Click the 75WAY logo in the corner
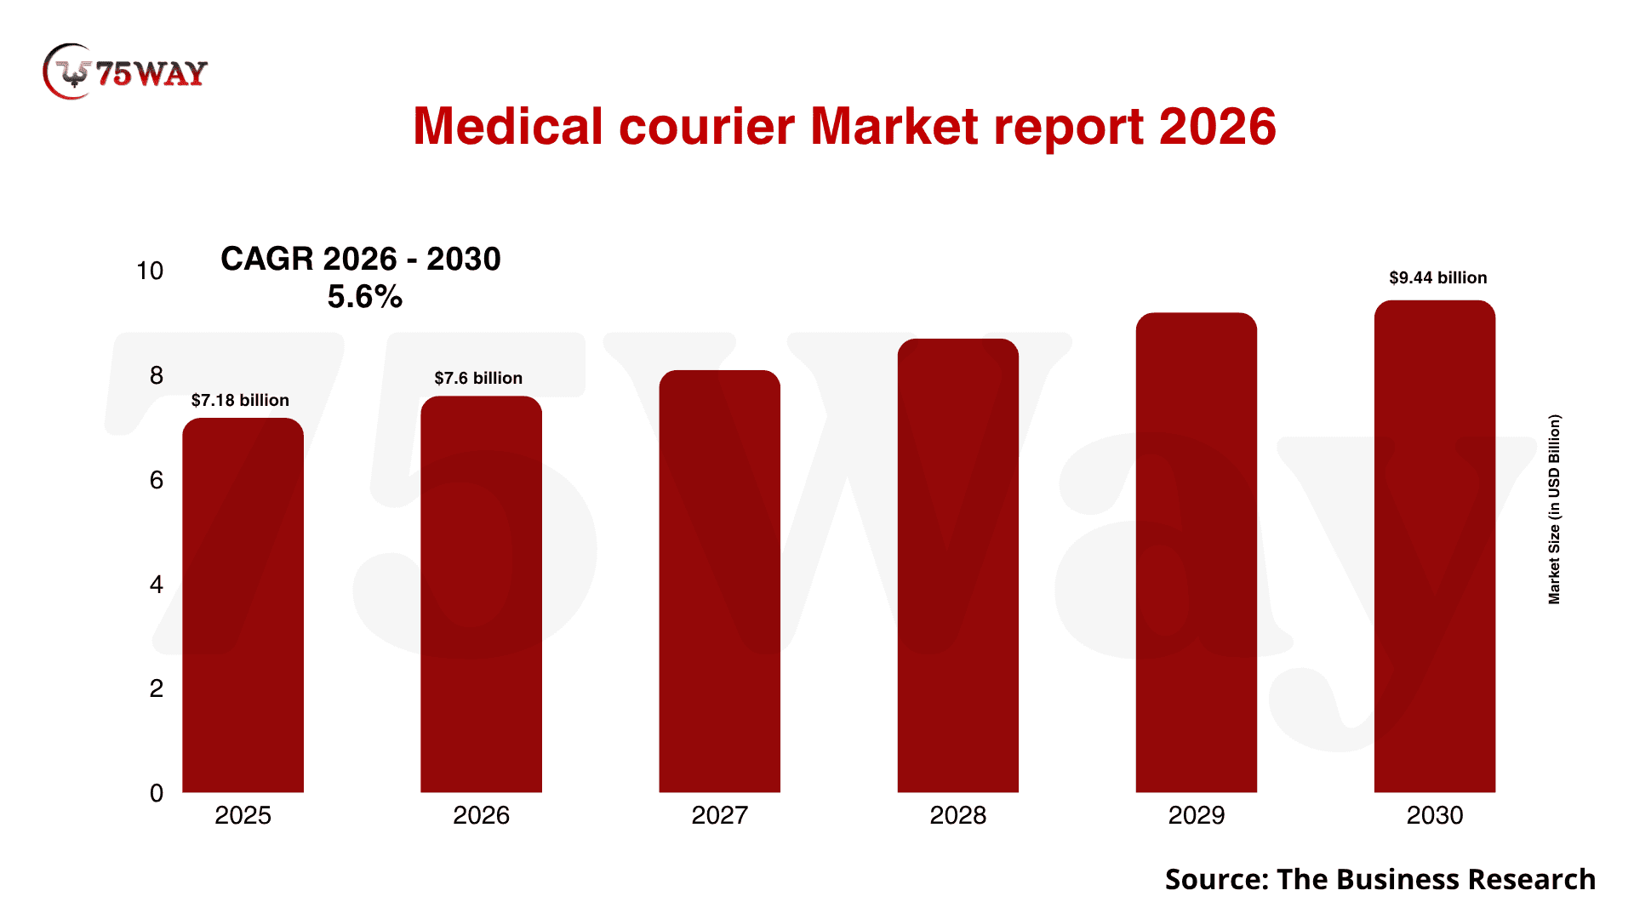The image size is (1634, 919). point(125,72)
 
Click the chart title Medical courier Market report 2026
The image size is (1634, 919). point(843,127)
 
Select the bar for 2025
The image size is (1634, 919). point(243,605)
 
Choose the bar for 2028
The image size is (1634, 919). point(957,566)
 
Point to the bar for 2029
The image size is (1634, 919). point(1196,553)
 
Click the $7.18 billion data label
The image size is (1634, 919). point(240,400)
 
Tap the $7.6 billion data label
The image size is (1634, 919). point(478,378)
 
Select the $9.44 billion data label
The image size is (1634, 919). point(1437,277)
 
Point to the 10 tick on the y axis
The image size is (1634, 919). point(150,271)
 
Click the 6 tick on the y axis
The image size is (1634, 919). point(157,480)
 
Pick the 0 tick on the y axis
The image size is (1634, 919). point(157,793)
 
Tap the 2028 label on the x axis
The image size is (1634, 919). point(957,815)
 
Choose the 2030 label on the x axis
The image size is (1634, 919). point(1434,815)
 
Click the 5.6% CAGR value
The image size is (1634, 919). point(364,297)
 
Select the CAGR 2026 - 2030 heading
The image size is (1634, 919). point(361,259)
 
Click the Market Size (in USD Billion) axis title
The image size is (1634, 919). point(1554,509)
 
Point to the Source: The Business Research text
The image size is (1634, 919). point(1380,879)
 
